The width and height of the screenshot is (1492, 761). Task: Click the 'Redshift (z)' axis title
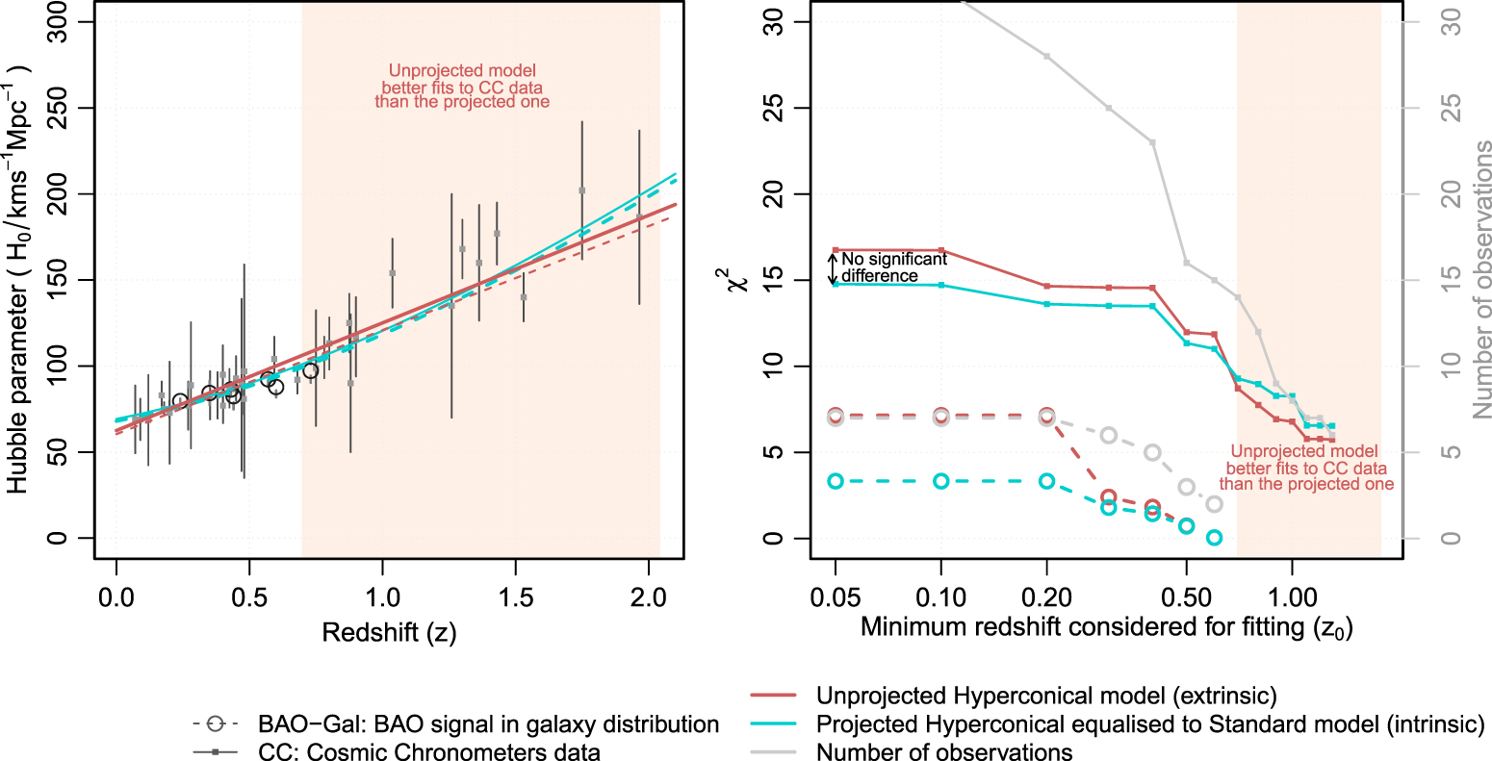click(389, 632)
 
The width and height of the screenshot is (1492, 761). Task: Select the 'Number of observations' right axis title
click(1481, 279)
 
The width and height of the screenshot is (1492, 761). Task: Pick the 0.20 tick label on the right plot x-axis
click(1046, 597)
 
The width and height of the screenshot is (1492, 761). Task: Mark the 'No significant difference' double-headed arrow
click(834, 267)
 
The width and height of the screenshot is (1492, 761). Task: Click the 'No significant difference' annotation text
click(893, 267)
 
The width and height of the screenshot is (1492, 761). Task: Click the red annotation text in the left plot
click(462, 87)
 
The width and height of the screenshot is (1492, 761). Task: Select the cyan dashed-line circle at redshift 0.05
click(836, 481)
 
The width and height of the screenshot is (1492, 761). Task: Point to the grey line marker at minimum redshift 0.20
click(1047, 56)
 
